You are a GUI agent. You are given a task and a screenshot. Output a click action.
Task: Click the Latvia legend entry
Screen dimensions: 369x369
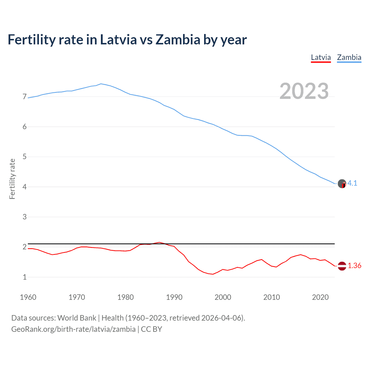321,57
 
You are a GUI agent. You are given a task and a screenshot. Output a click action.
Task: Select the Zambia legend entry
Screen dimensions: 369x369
349,57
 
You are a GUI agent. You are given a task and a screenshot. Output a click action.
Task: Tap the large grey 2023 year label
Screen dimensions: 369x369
304,91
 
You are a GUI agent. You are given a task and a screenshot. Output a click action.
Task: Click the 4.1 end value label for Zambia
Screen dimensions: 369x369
352,183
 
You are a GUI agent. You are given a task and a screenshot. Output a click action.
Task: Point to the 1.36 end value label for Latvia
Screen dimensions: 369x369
354,266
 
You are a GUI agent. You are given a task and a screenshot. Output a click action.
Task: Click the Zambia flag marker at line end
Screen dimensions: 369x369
342,184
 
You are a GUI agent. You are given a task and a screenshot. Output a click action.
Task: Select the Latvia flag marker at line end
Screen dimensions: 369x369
342,266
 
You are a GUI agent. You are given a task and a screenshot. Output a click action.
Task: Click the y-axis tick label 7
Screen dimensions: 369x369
25,97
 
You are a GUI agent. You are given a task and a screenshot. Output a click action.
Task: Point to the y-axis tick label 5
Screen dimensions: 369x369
25,157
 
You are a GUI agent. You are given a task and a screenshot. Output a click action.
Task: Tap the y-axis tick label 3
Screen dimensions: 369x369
25,217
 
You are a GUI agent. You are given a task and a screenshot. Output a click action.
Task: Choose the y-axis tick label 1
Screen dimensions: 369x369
25,277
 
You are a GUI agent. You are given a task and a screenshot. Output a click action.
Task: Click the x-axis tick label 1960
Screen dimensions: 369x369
28,297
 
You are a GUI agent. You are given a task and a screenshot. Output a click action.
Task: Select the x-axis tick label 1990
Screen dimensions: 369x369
174,297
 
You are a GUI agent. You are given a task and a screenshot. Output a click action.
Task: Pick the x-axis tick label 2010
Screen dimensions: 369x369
272,297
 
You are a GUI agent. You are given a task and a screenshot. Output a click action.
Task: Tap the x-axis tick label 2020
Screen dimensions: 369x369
320,297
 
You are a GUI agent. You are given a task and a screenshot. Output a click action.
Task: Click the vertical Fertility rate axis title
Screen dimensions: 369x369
12,179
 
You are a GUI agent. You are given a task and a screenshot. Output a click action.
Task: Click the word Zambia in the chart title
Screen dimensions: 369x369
178,40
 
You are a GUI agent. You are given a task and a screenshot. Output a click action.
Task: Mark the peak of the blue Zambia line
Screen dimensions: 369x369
101,84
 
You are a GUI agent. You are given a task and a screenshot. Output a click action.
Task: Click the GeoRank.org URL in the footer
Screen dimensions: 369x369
73,329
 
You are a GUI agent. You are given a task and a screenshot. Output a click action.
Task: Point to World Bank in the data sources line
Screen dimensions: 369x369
77,318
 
